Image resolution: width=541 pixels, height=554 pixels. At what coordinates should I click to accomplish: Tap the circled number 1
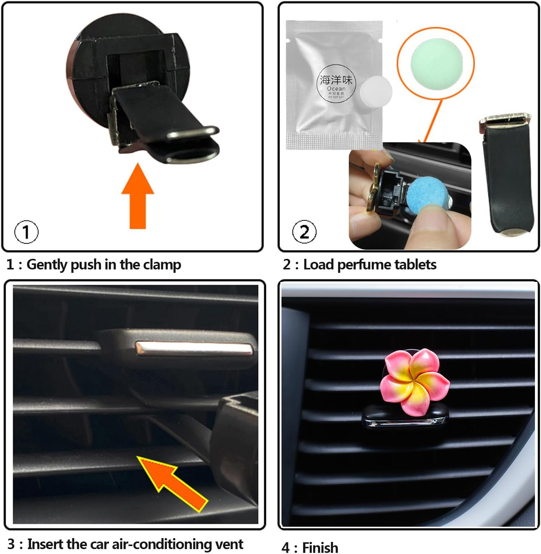pos(26,232)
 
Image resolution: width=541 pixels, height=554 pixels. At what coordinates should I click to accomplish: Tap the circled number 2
pos(304,232)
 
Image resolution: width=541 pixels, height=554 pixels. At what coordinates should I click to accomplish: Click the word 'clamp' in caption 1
pos(162,265)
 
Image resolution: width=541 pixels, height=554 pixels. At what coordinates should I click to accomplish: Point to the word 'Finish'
pos(320,548)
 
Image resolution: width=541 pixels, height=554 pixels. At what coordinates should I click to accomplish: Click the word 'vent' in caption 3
pos(229,544)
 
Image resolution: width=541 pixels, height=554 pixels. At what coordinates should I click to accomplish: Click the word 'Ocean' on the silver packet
pos(336,89)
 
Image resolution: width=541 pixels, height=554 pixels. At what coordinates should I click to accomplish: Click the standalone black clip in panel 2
pos(507,174)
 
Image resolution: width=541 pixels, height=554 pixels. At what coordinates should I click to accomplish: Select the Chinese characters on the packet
pos(336,80)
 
